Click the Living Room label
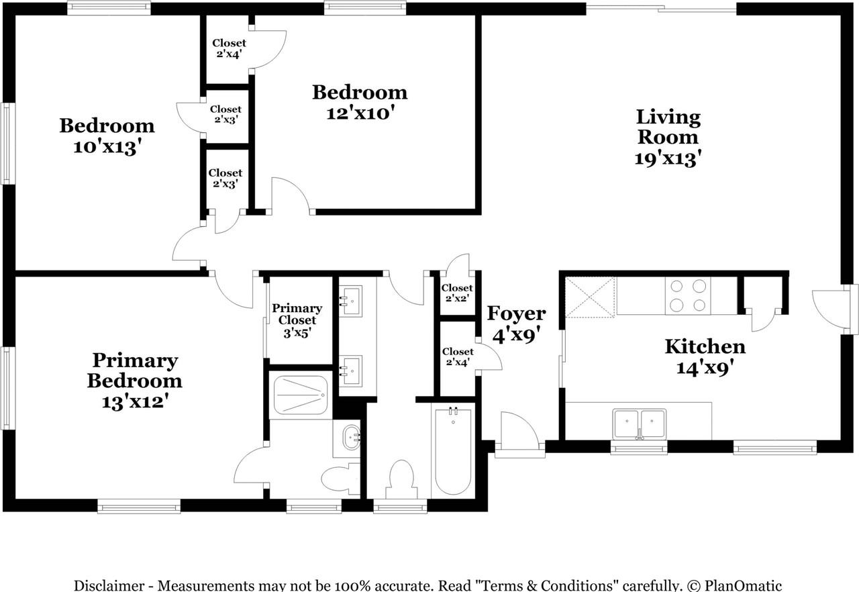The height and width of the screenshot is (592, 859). pos(668,138)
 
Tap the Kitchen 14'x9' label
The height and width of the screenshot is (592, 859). pos(705,357)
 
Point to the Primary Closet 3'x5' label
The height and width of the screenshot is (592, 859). pos(297,321)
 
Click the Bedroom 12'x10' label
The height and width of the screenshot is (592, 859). pos(360,103)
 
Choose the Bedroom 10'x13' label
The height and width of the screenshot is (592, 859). pos(107,136)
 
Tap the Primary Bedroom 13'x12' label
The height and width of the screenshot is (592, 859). pos(135,381)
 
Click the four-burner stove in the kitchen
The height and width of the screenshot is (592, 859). pos(688,295)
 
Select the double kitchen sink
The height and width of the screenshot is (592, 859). pos(640,424)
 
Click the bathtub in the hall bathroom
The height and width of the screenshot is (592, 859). pos(453,452)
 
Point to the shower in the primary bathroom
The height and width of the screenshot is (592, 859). pos(300,395)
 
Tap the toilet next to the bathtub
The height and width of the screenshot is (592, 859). pos(401,479)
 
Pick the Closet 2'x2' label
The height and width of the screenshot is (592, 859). pos(457,293)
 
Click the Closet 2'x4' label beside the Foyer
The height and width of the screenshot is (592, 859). pos(458,356)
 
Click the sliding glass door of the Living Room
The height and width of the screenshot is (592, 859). pos(661,9)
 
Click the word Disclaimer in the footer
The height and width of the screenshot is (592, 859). pos(109,585)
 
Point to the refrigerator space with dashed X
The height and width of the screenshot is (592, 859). pos(590,297)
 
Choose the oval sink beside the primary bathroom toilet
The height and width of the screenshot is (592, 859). pos(351,438)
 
